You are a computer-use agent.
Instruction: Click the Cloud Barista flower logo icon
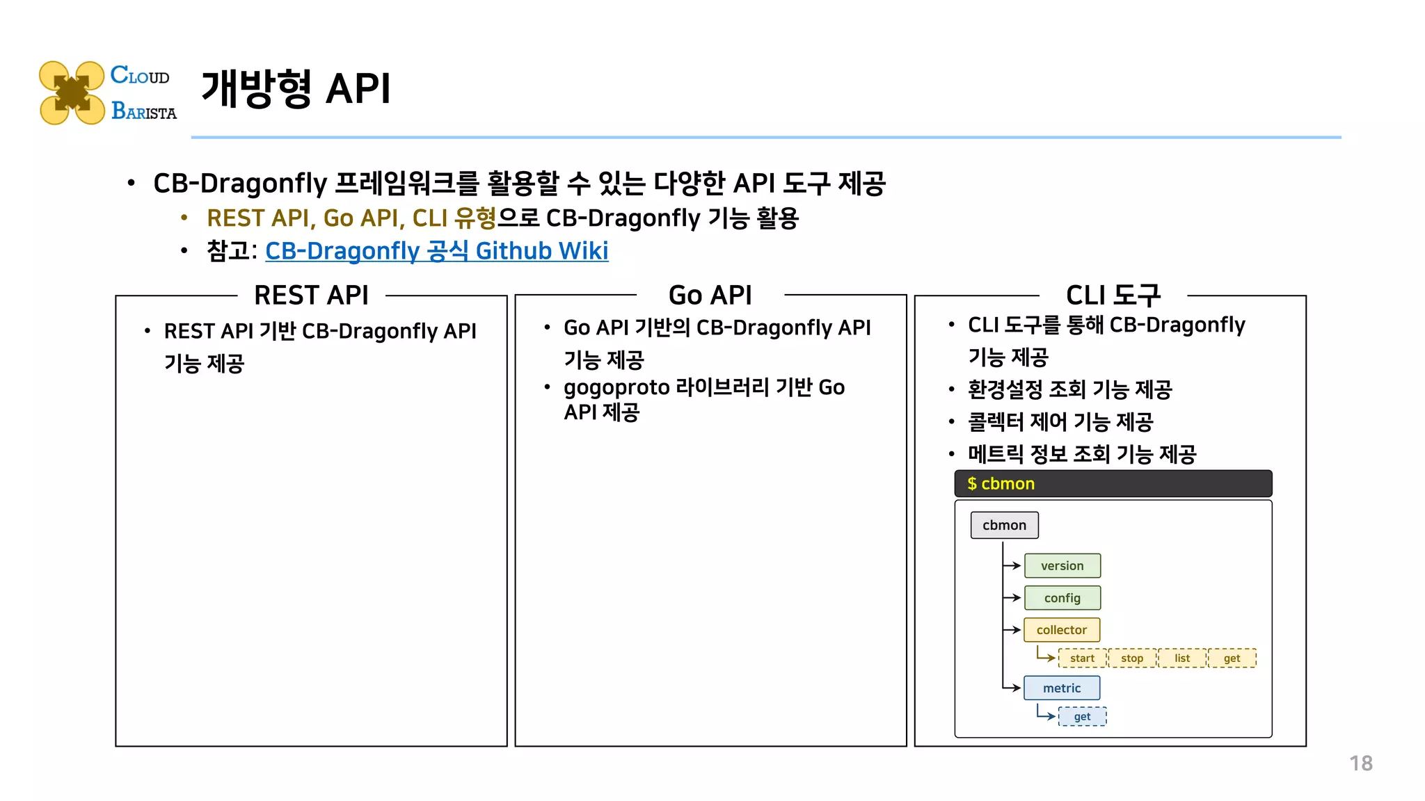[72, 92]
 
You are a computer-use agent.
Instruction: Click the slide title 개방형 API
[296, 89]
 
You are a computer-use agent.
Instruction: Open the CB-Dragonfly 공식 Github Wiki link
[436, 251]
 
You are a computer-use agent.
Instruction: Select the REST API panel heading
[311, 296]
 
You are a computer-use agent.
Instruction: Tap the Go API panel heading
[710, 296]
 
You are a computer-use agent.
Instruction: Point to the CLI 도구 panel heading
[1113, 296]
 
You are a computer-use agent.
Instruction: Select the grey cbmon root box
[1004, 526]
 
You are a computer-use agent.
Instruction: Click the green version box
[1062, 566]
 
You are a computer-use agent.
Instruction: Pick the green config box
[1062, 598]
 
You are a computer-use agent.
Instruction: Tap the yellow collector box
[1061, 630]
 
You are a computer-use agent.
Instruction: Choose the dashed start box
[1082, 658]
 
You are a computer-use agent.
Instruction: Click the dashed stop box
[1132, 658]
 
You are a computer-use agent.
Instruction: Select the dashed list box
[1182, 658]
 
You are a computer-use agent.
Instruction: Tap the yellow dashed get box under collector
[1232, 658]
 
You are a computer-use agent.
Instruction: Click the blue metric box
[1062, 688]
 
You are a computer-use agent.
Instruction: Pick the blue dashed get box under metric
[1082, 717]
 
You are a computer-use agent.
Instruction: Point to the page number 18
[1361, 763]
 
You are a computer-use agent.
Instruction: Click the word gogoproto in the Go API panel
[616, 388]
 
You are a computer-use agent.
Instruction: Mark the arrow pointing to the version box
[1012, 566]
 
